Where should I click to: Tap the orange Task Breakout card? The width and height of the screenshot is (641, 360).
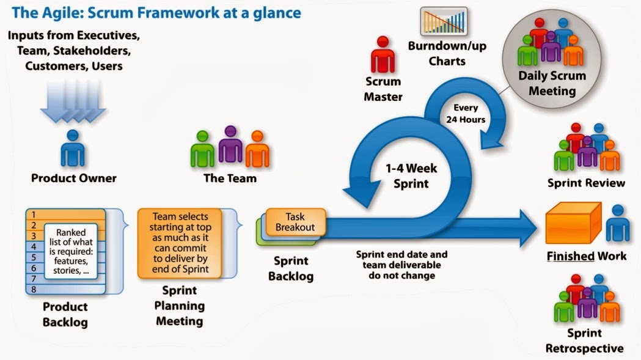click(x=295, y=222)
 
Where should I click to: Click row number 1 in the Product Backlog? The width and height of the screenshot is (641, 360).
click(x=35, y=215)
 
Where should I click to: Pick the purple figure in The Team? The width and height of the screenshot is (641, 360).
click(x=231, y=145)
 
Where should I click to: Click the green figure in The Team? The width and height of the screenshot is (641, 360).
click(x=203, y=149)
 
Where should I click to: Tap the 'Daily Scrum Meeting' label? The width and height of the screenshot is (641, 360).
click(x=552, y=84)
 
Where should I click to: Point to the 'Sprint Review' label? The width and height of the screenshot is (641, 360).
click(x=586, y=183)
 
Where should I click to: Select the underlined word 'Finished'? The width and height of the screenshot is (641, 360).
click(x=570, y=256)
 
